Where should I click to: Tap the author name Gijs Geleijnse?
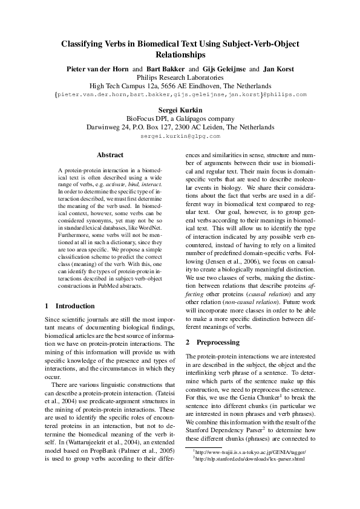pyautogui.click(x=223, y=69)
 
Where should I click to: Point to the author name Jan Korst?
pyautogui.click(x=277, y=69)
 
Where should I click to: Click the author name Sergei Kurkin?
pyautogui.click(x=180, y=110)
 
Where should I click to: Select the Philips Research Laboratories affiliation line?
pyautogui.click(x=180, y=77)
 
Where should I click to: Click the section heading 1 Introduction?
pyautogui.click(x=70, y=306)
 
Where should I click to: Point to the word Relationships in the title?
pyautogui.click(x=180, y=54)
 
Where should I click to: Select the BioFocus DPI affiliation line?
pyautogui.click(x=180, y=118)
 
